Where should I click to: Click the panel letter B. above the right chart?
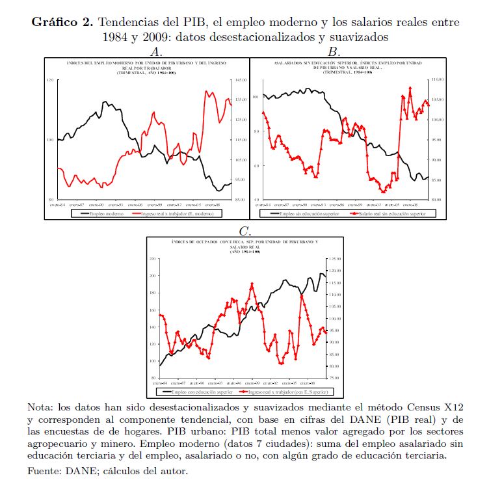[334, 51]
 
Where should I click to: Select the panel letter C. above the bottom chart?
[244, 231]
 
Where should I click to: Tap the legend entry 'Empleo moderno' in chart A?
[104, 213]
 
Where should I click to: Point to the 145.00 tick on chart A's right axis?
[239, 80]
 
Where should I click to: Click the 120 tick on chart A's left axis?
[49, 80]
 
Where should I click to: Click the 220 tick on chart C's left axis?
[153, 259]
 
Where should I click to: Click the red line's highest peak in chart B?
[410, 88]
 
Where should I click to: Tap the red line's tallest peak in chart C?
[252, 284]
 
